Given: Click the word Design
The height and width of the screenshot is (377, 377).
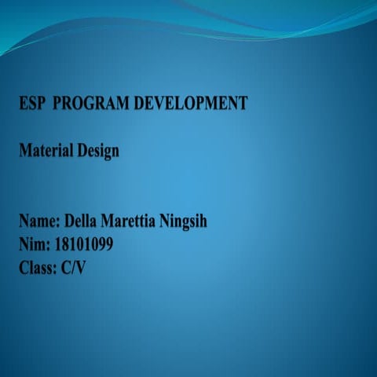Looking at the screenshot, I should [x=98, y=150].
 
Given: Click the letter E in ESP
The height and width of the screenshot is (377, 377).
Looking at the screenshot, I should [x=24, y=103].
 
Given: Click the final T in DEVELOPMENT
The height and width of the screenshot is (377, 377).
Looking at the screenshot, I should [x=243, y=103].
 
